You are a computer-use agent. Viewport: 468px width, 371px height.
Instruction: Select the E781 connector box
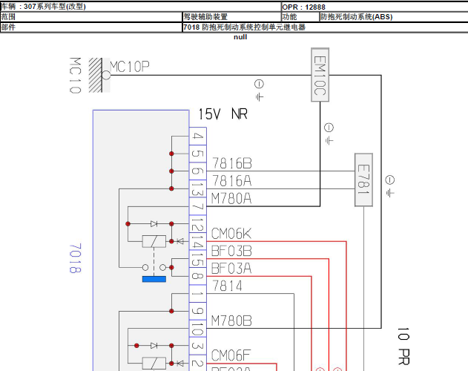click(363, 180)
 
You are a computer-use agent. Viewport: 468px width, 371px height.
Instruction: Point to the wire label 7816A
click(231, 180)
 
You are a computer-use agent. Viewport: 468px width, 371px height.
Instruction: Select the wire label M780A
click(231, 198)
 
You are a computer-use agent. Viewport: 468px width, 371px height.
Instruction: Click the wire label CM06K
click(231, 234)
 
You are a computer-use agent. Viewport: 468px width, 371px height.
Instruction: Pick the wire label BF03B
click(231, 251)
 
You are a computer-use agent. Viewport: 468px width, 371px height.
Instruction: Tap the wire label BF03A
click(231, 268)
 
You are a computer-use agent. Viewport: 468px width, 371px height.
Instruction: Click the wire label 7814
click(228, 286)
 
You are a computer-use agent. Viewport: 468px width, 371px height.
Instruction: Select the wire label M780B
click(231, 321)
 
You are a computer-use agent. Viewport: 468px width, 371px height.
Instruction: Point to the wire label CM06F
click(231, 356)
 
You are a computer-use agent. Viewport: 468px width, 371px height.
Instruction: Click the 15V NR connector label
click(223, 114)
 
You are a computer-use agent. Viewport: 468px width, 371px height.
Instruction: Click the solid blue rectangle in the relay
click(154, 279)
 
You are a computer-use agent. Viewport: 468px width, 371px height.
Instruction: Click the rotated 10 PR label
click(404, 347)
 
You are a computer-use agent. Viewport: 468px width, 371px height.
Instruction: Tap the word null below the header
click(240, 36)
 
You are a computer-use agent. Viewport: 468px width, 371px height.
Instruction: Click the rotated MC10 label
click(75, 76)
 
